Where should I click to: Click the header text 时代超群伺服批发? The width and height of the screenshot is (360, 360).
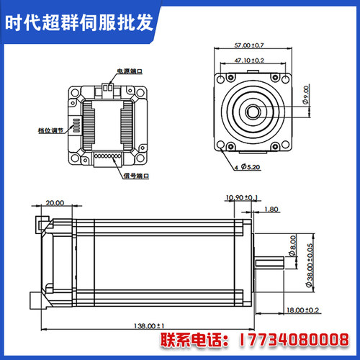coord(80,22)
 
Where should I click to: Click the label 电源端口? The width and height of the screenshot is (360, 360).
coord(130,72)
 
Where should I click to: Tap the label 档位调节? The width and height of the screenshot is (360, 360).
coord(50,132)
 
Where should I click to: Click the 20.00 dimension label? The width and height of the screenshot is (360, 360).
coord(55,203)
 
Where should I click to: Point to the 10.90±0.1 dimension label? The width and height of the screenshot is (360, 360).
coord(242,197)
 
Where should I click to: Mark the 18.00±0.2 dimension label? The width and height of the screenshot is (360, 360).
coord(302,310)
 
